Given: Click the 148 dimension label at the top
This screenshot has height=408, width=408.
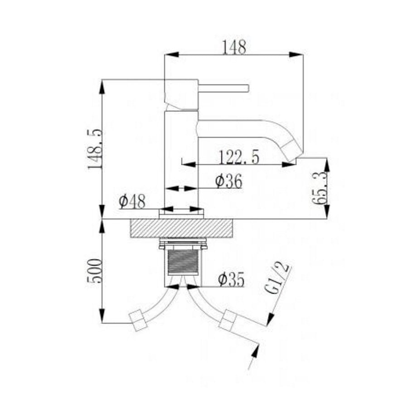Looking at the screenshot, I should [x=234, y=47].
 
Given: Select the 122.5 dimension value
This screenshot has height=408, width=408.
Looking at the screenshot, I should [x=239, y=157].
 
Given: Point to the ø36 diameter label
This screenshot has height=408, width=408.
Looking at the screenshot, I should [x=228, y=181].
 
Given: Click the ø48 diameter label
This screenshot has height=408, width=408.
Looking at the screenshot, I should [x=131, y=201].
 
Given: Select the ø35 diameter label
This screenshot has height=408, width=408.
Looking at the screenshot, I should [x=231, y=280].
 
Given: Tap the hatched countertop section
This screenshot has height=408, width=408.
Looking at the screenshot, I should [x=181, y=228].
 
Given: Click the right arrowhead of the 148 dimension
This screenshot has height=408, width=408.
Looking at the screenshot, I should [x=299, y=54].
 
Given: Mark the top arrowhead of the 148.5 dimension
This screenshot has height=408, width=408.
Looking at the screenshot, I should [x=103, y=84].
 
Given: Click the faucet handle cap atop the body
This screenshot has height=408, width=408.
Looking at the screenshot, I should [x=182, y=94].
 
